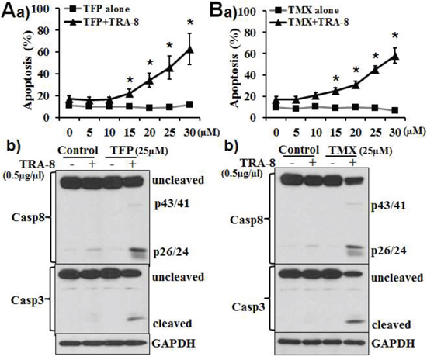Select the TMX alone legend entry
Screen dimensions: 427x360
(x=305, y=11)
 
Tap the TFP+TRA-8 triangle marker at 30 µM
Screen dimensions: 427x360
(x=189, y=50)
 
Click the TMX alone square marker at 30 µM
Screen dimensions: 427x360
(x=395, y=110)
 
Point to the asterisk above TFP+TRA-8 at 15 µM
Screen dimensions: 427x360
(x=130, y=80)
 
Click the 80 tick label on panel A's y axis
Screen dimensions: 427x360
(x=44, y=30)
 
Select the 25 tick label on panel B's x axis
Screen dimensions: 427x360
(x=375, y=133)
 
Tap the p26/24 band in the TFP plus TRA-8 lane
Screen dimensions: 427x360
(x=136, y=250)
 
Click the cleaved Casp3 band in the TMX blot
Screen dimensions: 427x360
(x=353, y=321)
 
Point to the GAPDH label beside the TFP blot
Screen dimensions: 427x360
(x=173, y=344)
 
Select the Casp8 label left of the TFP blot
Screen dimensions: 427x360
(x=28, y=218)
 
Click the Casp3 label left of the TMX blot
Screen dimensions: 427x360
(x=248, y=307)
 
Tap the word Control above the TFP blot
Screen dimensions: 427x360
(x=78, y=151)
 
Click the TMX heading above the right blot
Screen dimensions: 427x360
(x=342, y=151)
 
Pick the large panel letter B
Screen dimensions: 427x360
(x=220, y=11)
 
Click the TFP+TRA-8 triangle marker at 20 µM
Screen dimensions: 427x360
(x=150, y=81)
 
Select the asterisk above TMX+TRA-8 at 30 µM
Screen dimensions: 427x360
(x=395, y=36)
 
